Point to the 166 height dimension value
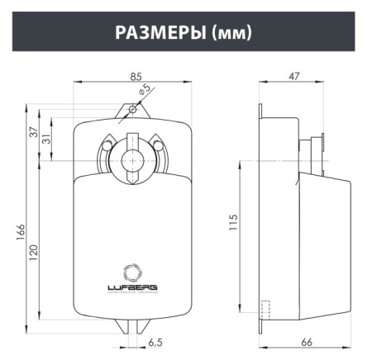coord(21,234)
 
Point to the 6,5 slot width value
coord(155,341)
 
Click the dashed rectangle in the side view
coord(265,309)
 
